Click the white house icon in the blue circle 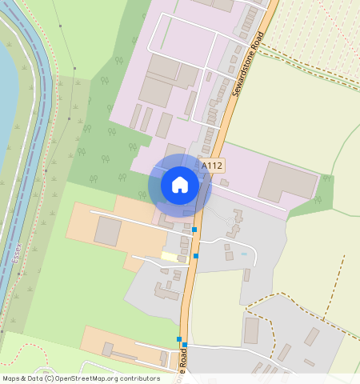tap(180, 185)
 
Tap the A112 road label tap(212, 166)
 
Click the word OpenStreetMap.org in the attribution tap(87, 378)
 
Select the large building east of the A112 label tap(287, 181)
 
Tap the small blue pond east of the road tap(244, 254)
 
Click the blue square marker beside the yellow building tap(196, 256)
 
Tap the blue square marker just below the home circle tap(194, 230)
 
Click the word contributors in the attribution tap(138, 378)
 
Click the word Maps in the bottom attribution tap(12, 378)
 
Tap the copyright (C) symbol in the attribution tap(50, 378)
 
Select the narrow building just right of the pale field tap(247, 275)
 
